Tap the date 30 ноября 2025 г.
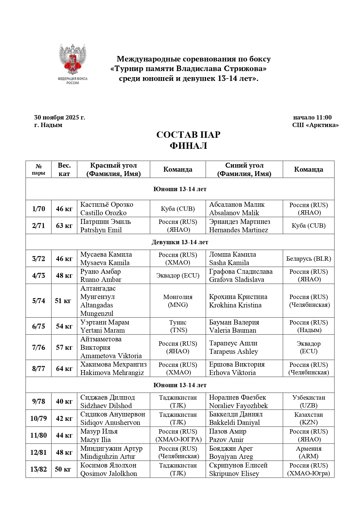59,117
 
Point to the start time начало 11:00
312,117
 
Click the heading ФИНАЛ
188,146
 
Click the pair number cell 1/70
39,209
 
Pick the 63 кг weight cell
64,226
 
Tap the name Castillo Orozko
104,213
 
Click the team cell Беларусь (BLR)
308,259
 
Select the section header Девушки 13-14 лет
180,242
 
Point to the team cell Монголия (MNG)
178,301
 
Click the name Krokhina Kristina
235,305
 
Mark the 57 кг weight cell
64,347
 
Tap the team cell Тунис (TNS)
178,326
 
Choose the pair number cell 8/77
39,369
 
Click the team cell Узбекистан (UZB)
308,401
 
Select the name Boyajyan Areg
231,457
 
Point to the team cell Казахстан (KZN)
308,419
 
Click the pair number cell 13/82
39,469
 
